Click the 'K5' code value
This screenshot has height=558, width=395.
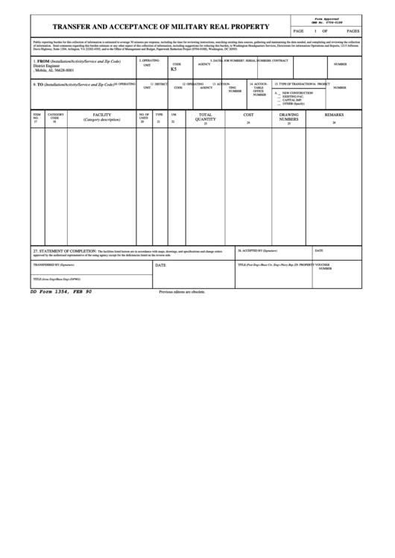[x=174, y=69]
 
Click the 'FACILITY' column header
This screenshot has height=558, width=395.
[x=101, y=115]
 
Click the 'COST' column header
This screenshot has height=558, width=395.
[x=248, y=115]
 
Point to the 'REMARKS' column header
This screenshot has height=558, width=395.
[x=334, y=115]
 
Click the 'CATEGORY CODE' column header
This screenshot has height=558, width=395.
[x=55, y=116]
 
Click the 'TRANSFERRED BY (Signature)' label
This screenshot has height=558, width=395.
[x=54, y=264]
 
